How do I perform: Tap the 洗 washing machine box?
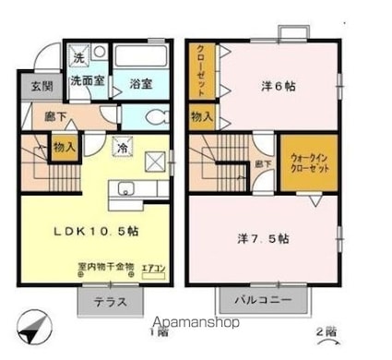point(79,57)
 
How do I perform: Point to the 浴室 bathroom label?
point(140,82)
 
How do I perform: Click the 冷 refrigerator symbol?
point(122,144)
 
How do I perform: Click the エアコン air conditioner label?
point(153,269)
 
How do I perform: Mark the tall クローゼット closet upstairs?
point(199,70)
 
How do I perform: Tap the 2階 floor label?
point(326,332)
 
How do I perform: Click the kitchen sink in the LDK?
point(125,192)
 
